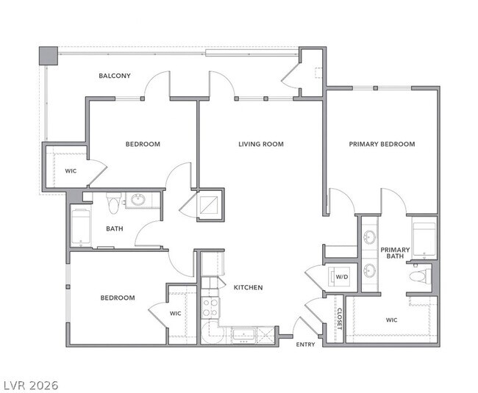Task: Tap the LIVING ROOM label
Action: click(260, 144)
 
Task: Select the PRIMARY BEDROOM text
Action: click(382, 144)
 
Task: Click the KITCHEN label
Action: click(248, 287)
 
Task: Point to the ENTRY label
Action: click(305, 344)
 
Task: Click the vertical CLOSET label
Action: click(339, 317)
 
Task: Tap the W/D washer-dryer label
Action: click(342, 277)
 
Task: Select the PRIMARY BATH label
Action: click(395, 253)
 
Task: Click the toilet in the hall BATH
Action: click(113, 201)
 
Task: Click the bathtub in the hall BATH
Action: click(80, 227)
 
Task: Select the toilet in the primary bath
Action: click(419, 277)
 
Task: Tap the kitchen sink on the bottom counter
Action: click(243, 335)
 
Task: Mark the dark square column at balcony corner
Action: click(48, 56)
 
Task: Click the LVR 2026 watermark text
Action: click(31, 384)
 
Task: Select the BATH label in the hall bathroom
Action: click(115, 228)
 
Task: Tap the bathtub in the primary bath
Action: click(425, 239)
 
